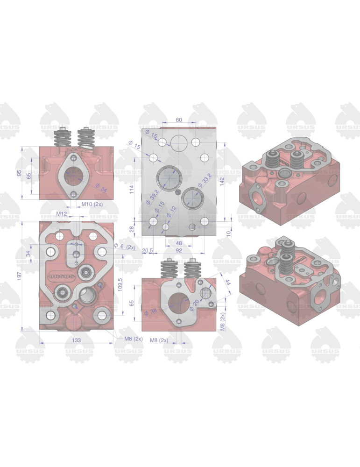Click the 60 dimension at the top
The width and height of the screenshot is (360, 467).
tap(178, 120)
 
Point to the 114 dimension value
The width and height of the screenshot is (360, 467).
tap(132, 189)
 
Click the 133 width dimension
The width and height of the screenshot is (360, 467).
tap(77, 340)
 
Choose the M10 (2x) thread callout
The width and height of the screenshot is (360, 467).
tap(92, 204)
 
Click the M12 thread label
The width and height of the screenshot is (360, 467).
tap(62, 213)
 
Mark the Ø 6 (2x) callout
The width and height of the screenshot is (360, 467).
tap(125, 247)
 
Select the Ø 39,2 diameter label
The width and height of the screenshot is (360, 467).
tap(152, 196)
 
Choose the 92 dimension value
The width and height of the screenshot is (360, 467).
tap(178, 250)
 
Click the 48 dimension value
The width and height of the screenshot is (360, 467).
tap(178, 243)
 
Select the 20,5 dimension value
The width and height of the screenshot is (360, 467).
tap(148, 251)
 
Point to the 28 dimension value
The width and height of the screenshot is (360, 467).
tap(132, 229)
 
